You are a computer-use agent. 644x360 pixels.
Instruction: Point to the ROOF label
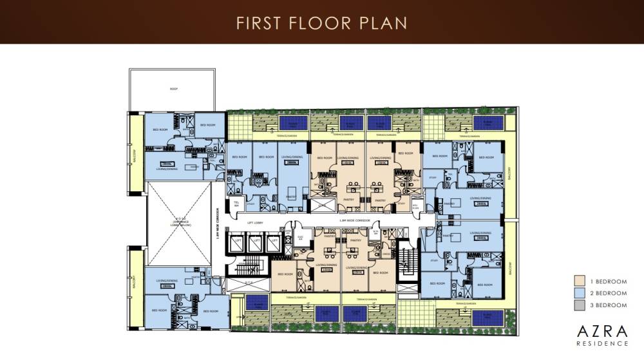[174, 89]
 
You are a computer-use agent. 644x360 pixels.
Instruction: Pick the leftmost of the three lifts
[237, 243]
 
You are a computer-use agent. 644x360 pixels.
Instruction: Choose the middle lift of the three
[255, 243]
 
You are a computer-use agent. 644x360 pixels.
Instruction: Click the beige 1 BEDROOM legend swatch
[580, 281]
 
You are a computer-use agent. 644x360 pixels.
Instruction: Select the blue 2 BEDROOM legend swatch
[580, 293]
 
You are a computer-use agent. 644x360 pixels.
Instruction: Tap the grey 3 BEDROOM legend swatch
[580, 305]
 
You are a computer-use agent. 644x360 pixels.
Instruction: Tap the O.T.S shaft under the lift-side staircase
[249, 281]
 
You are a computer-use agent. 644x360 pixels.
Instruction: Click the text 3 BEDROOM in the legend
[609, 305]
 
